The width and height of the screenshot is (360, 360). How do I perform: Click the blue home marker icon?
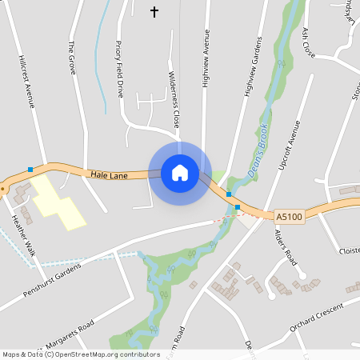tap(179, 173)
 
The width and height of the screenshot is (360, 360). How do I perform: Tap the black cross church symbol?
tap(154, 11)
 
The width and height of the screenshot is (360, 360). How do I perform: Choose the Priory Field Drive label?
tap(119, 69)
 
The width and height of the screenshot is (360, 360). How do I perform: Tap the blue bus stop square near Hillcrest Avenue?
tap(30, 170)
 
